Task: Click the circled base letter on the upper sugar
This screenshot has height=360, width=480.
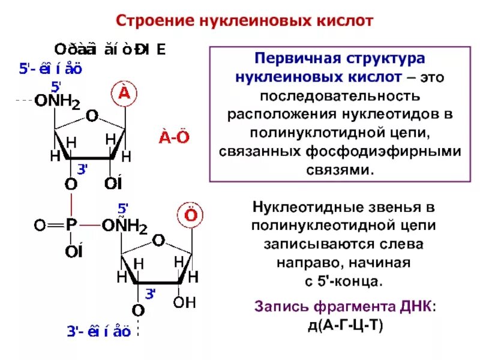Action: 124,93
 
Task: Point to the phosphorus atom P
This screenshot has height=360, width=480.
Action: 71,226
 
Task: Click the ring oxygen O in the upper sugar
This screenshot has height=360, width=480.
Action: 91,115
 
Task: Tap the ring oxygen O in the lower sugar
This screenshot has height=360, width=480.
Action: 158,241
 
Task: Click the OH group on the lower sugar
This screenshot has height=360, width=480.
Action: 184,302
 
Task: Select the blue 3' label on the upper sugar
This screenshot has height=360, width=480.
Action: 83,170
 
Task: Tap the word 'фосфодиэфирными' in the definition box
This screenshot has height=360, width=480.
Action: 391,151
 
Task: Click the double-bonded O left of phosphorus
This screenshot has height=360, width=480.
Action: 40,226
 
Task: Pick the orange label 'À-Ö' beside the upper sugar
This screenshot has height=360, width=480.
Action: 174,137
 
